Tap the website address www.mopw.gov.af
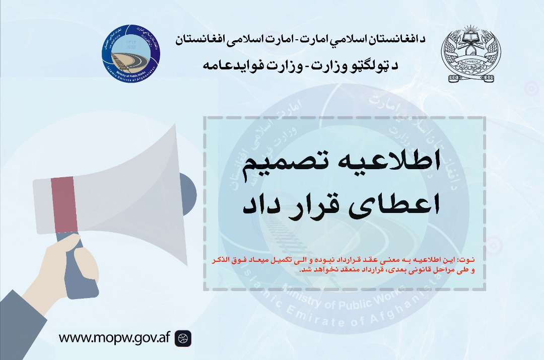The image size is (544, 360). tap(114, 337)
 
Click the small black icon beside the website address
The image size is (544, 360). tap(183, 338)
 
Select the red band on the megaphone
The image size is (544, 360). tap(64, 204)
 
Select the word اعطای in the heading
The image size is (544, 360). tap(392, 205)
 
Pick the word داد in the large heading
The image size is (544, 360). tap(257, 205)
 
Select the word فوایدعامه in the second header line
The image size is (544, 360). tap(232, 65)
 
